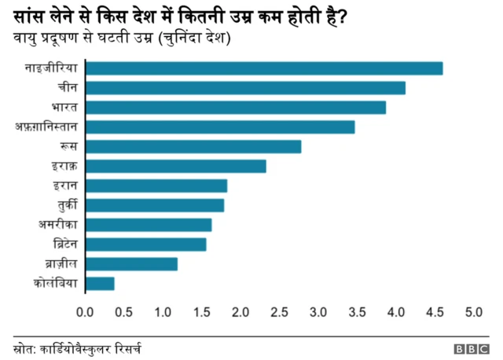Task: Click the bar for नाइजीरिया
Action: (263, 68)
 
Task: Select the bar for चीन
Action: (244, 88)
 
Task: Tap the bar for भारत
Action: (235, 108)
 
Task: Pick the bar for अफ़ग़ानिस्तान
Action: (219, 127)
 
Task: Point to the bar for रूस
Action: (193, 147)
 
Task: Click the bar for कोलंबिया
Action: (99, 284)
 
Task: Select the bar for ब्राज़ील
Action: (130, 264)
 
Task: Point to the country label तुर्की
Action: (66, 205)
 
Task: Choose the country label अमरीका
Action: (58, 225)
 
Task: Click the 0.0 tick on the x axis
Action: (85, 312)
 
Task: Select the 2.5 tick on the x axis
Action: (279, 312)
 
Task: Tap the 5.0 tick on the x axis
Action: (473, 312)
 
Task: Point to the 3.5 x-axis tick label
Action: (357, 312)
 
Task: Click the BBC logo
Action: (471, 348)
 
